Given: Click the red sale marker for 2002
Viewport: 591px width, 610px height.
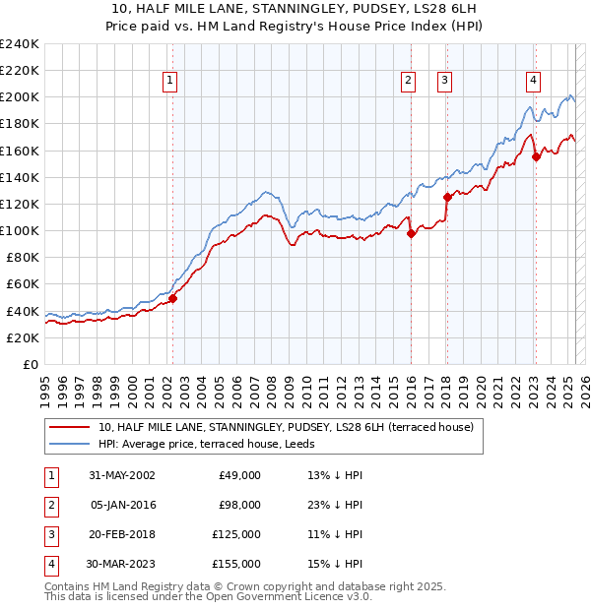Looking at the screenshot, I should (x=172, y=298).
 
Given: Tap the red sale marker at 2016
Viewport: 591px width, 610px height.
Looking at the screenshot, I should (x=410, y=233).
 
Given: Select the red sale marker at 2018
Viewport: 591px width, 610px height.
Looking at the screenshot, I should (x=447, y=197).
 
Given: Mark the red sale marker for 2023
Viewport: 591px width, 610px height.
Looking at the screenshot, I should (x=536, y=156).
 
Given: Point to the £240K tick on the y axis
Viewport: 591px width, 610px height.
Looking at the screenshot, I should (x=20, y=44).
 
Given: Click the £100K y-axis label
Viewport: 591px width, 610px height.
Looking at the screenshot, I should (x=20, y=230).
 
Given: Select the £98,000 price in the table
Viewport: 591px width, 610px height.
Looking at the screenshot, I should (x=238, y=505).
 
